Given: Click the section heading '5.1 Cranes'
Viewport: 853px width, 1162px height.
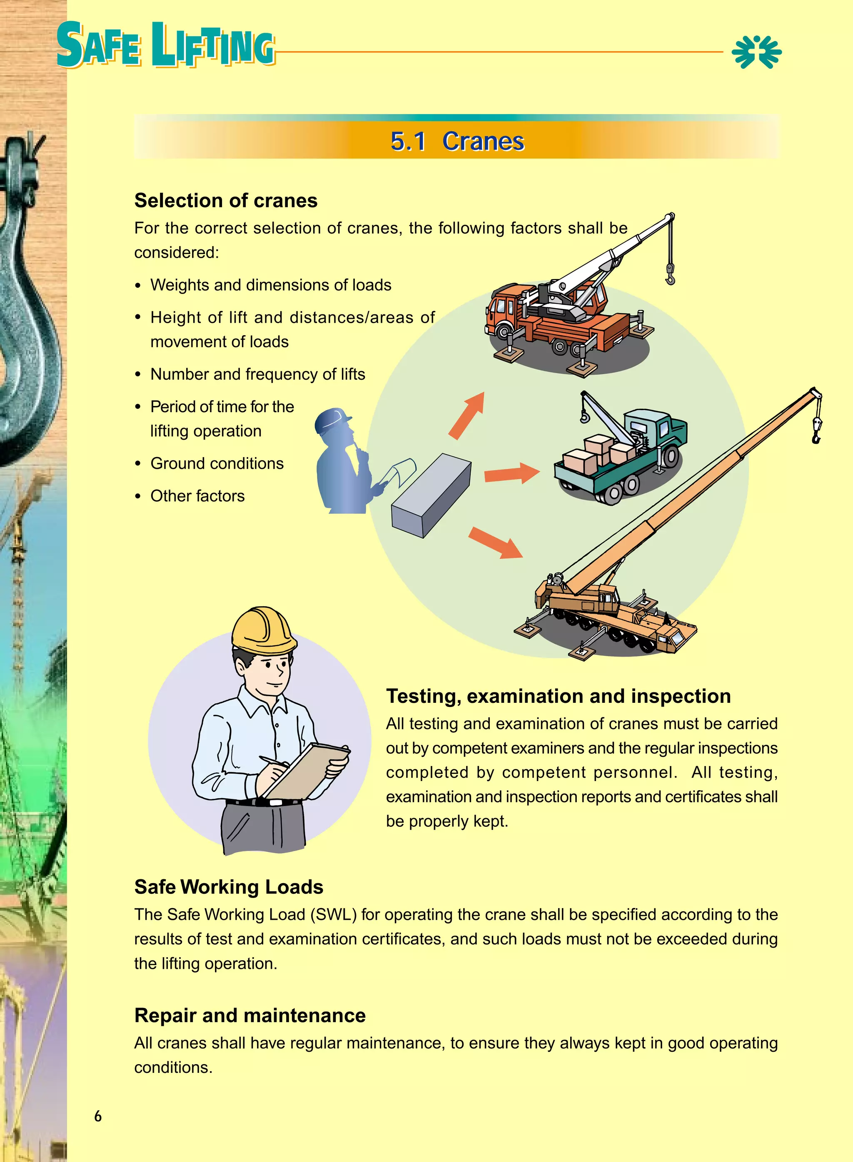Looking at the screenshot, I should tap(457, 141).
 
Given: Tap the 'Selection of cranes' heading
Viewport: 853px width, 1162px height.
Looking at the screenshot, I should tap(226, 200).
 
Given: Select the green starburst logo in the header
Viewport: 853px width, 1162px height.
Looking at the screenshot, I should tap(756, 52).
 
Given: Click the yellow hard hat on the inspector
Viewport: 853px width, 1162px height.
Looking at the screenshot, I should tap(263, 630).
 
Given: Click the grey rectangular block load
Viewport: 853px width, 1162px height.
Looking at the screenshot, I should tap(431, 495).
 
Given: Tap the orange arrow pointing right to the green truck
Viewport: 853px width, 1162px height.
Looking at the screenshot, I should tap(511, 473).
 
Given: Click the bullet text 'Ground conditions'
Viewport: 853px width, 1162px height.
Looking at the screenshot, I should tap(217, 463).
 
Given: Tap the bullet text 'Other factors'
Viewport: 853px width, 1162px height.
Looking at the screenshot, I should tap(197, 496).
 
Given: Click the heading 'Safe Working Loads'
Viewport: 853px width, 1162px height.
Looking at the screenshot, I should tap(229, 886).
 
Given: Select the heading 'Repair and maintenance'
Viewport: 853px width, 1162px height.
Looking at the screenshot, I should tap(250, 1015).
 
